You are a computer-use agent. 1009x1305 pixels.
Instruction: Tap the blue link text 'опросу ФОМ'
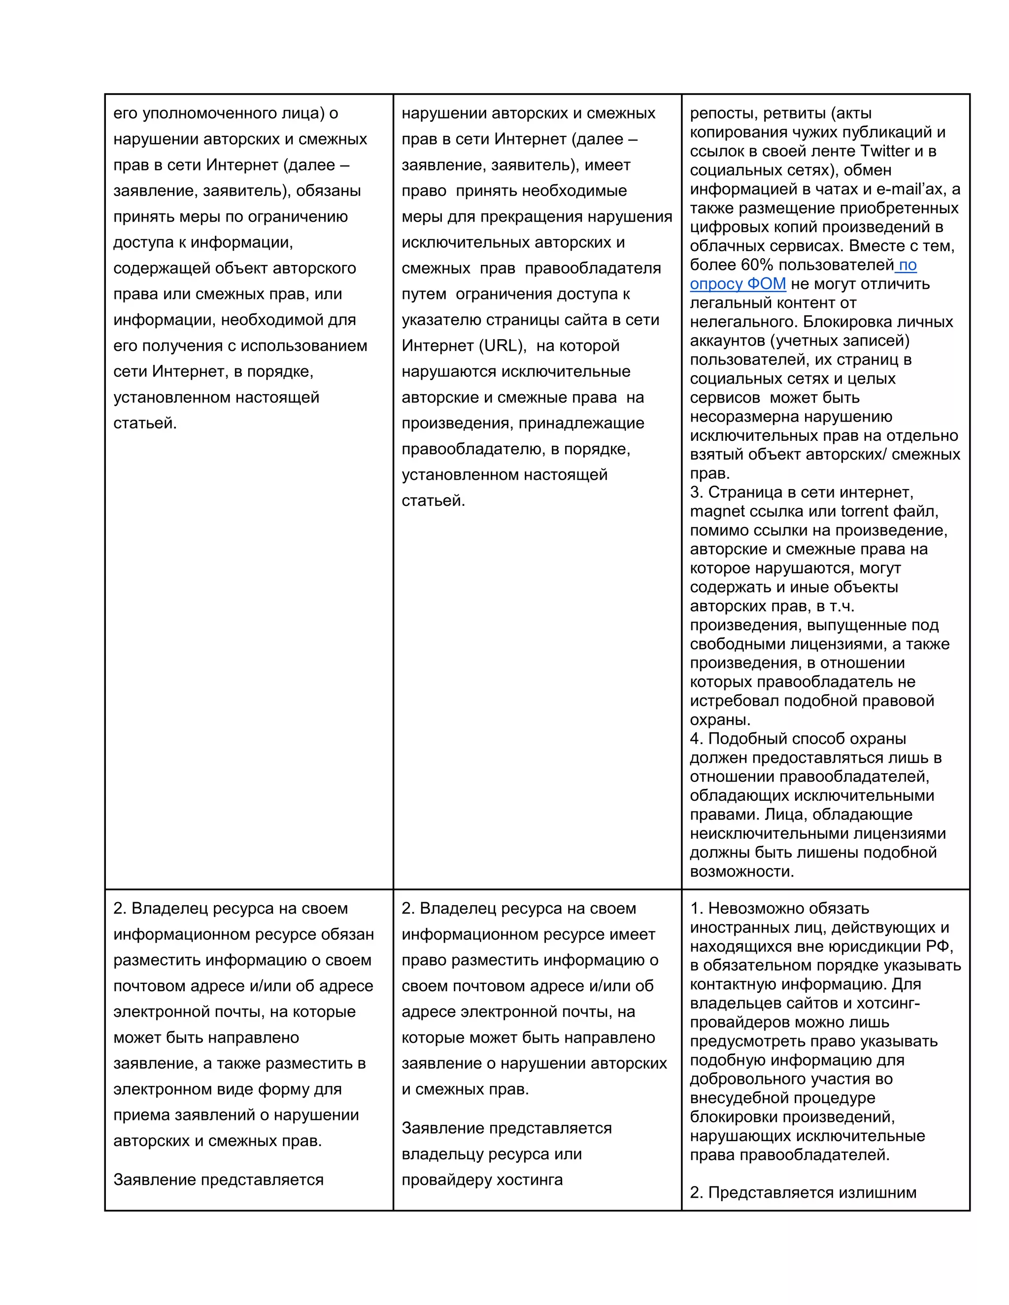coord(738,284)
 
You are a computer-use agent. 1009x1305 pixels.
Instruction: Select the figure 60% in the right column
coord(757,265)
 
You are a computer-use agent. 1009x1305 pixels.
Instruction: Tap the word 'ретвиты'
coord(794,114)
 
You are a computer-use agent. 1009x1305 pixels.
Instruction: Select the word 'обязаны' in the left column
coord(328,191)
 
